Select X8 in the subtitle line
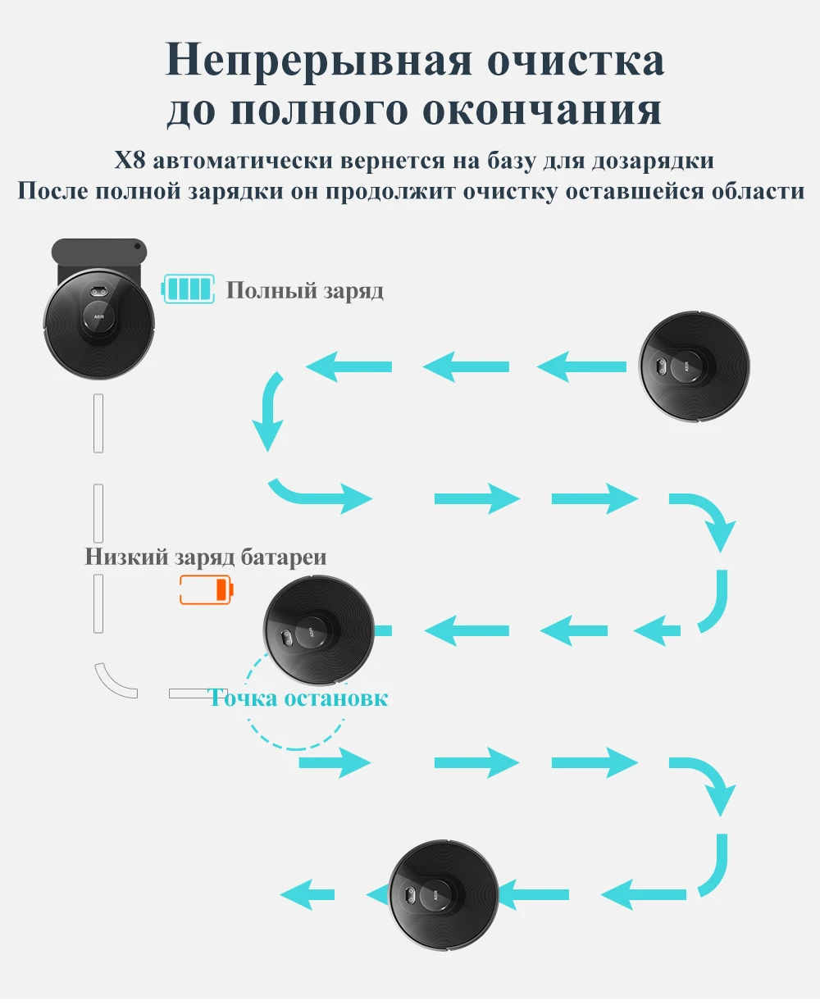click(130, 160)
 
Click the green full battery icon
click(189, 289)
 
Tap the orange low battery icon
click(206, 589)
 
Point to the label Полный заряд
click(304, 290)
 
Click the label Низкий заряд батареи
click(206, 557)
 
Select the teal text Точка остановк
click(298, 698)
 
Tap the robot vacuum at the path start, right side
click(694, 366)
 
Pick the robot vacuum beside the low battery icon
click(319, 630)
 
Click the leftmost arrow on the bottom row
click(307, 894)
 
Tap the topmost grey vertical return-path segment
click(98, 423)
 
